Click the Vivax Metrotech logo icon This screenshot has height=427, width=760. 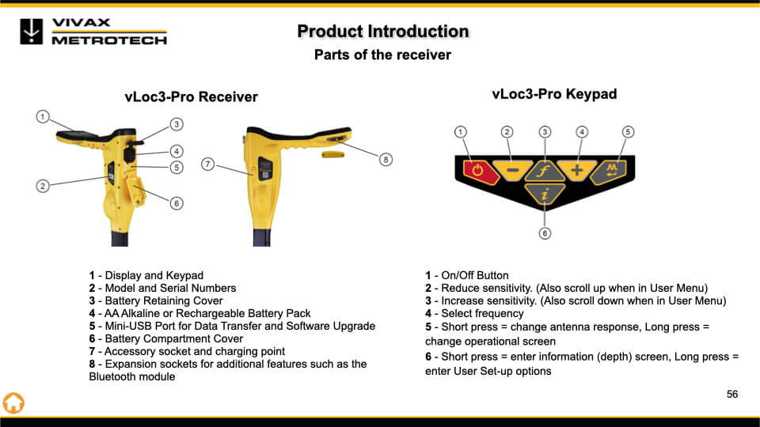(32, 32)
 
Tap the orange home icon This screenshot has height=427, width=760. (13, 402)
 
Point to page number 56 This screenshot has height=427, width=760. (732, 394)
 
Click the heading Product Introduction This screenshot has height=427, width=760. (383, 32)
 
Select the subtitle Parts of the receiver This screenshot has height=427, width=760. (382, 55)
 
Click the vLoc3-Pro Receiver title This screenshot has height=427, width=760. (191, 97)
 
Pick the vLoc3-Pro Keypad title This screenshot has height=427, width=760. (554, 94)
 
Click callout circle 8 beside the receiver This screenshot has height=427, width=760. (386, 160)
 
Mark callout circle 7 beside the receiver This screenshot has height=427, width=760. (208, 164)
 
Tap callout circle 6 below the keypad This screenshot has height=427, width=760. (545, 232)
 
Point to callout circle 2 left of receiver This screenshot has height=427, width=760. (43, 186)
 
